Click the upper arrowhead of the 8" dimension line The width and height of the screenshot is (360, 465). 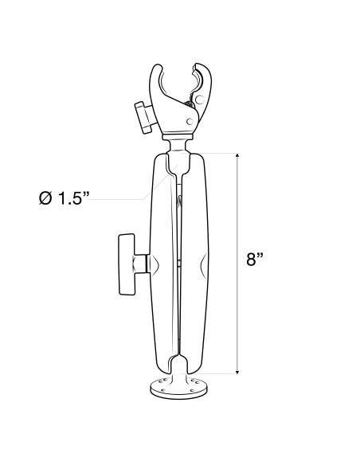pyautogui.click(x=237, y=154)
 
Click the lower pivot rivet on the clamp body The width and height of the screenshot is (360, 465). pyautogui.click(x=189, y=122)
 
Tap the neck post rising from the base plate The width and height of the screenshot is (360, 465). pyautogui.click(x=180, y=374)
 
